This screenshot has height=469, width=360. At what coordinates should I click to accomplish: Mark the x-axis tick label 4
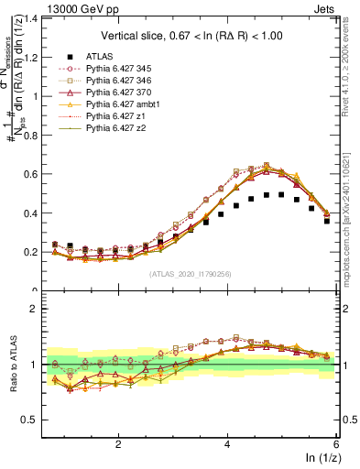(227, 442)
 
